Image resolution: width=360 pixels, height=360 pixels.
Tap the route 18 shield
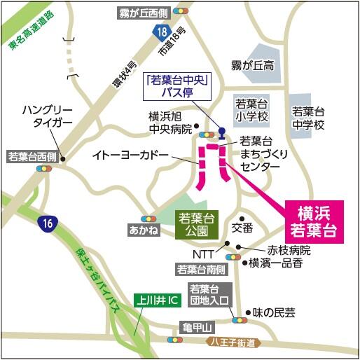161,32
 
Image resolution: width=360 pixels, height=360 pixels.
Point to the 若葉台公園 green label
196,226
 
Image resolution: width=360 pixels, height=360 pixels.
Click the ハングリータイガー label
47,118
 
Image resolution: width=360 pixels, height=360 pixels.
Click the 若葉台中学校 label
309,118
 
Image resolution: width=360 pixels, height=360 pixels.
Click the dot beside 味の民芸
247,313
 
